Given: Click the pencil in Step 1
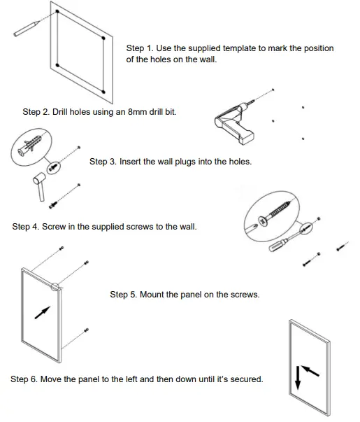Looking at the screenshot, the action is (27, 29).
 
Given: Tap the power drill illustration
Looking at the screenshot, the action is (234, 123).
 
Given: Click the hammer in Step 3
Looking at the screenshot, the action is (40, 186).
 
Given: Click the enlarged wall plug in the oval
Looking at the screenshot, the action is (29, 146).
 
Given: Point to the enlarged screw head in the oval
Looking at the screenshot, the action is (263, 221).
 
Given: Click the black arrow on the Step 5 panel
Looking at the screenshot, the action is (43, 312).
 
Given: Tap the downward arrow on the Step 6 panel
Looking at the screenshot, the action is (297, 378).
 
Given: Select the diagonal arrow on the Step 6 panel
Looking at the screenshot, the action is (310, 370).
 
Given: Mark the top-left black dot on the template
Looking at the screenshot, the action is (57, 11).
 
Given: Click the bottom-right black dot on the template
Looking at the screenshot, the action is (103, 92).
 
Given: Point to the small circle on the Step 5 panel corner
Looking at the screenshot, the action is (55, 287).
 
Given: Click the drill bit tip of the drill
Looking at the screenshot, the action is (254, 101).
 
